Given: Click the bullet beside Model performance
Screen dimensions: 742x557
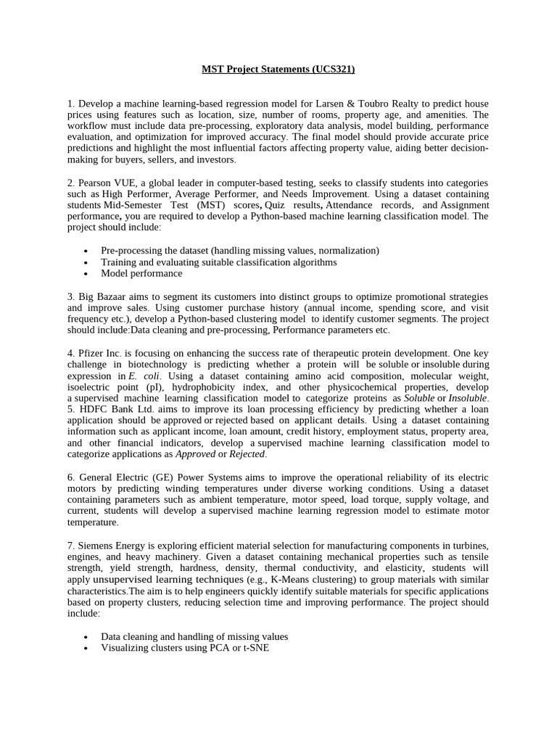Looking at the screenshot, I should click(86, 274).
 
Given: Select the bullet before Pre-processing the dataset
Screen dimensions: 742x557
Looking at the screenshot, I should click(86, 251).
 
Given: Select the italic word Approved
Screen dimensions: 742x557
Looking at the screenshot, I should click(196, 454).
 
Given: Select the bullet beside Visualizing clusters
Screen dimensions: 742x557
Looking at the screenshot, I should click(86, 648).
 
